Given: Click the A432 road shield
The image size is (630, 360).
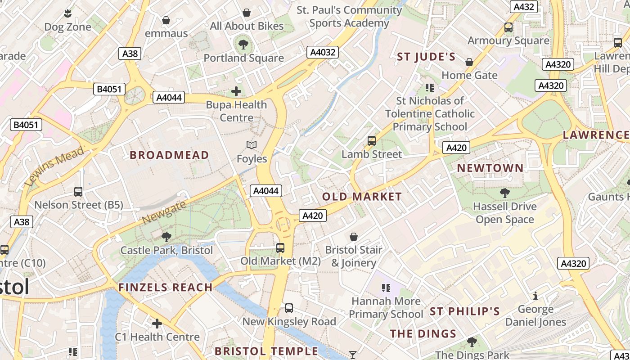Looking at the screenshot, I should pos(524,7).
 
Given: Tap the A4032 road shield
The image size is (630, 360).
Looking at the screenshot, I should pos(323,52).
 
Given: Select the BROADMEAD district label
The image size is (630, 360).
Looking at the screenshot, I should pos(169,155).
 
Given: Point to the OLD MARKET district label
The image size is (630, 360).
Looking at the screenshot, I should pos(362,197).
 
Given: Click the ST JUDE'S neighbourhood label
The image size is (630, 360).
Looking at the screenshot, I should pos(426,57).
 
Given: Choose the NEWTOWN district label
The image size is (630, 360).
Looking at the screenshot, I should pos(490,168).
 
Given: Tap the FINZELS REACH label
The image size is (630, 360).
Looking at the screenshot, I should pos(165,288).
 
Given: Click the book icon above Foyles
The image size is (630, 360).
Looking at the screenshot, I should pos(252,145).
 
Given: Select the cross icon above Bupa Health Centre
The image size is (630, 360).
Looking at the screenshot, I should pos(236,92).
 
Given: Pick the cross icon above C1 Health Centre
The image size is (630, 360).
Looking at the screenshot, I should pos(157,323).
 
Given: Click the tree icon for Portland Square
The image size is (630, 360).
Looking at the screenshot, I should pos(243,44).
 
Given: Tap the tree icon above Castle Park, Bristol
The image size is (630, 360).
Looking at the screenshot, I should pos(166,237).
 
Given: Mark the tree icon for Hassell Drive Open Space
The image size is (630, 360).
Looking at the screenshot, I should pos(504,193).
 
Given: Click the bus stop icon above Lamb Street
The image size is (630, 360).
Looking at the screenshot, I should pos(372,141).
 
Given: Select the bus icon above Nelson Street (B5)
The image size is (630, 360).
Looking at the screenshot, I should pos(78,192).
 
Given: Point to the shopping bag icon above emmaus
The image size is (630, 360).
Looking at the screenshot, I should pos(166,20).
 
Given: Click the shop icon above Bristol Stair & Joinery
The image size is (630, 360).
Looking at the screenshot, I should pos(354,237).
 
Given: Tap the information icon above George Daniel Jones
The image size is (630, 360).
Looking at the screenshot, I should pos(535,296).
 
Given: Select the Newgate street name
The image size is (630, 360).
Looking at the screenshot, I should pos(164,213).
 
